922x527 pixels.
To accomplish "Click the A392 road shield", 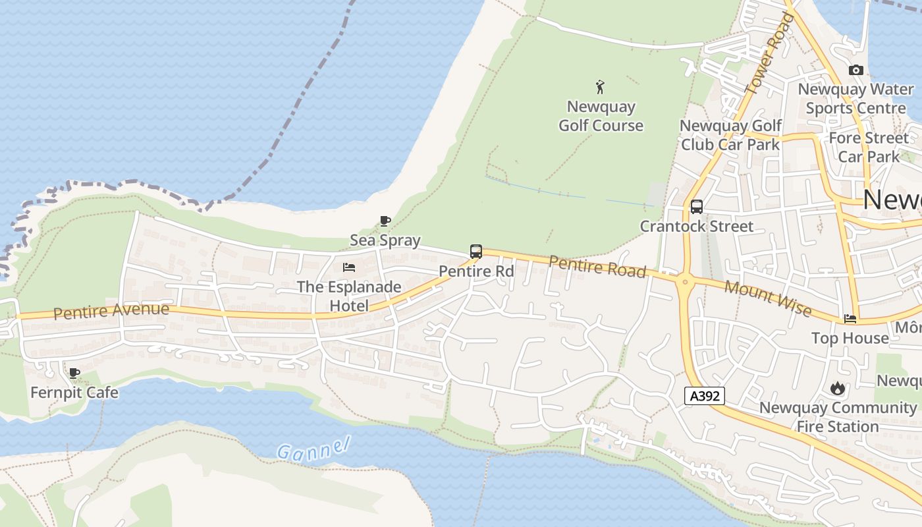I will tap(705, 396).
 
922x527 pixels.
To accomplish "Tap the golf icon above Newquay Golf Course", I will tap(600, 87).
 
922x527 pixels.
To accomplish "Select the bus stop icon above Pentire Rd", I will tap(475, 252).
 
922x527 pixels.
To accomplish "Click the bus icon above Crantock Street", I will tap(696, 207).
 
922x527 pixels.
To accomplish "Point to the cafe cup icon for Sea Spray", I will tap(385, 221).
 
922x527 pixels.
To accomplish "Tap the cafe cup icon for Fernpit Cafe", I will tap(74, 374).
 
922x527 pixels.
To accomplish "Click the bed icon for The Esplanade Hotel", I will tap(349, 267).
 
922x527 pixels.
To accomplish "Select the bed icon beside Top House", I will tap(850, 319).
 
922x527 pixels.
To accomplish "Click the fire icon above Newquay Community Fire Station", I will tap(837, 389).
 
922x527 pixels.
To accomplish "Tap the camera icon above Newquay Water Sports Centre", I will tap(855, 70).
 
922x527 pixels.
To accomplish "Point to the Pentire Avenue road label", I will tap(111, 310).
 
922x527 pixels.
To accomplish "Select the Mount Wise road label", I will tap(767, 298).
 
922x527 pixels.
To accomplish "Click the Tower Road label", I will tap(769, 53).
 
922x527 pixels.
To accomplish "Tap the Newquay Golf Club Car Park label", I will tap(730, 135).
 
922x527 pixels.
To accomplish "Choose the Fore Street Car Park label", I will tap(869, 148).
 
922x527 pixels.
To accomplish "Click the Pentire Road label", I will tap(597, 267).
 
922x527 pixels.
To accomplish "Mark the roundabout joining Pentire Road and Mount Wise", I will tap(685, 282).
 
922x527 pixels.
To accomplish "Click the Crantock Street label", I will tap(697, 227).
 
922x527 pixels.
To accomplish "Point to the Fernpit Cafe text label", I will tap(74, 393).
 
